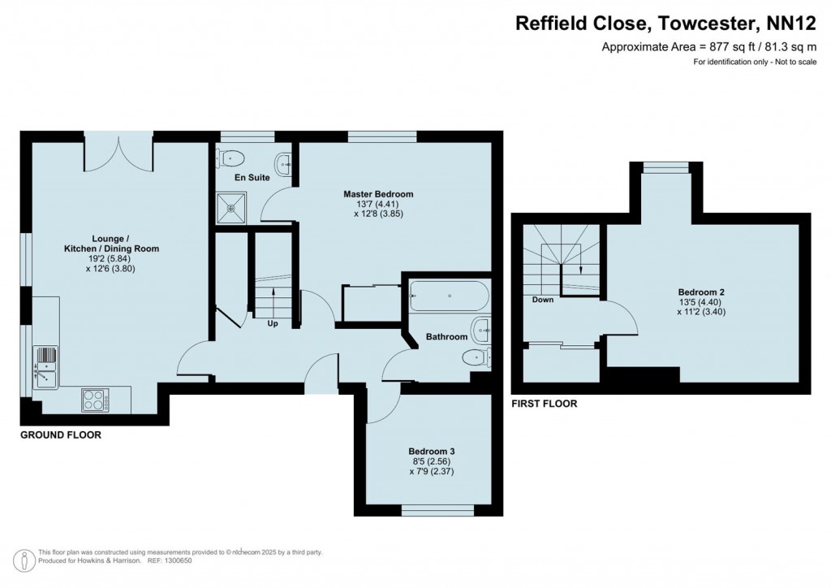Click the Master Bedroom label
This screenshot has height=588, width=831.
click(x=377, y=194)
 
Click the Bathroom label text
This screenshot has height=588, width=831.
click(x=447, y=336)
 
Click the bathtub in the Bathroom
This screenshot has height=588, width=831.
click(x=448, y=296)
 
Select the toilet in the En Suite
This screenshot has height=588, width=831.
click(x=232, y=158)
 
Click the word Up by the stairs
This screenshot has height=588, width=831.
click(x=273, y=323)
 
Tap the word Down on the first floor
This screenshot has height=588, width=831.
click(x=543, y=300)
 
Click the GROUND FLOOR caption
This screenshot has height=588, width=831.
click(x=61, y=435)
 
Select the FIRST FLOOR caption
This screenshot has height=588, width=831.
click(x=544, y=404)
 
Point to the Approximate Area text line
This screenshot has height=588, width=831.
click(x=708, y=47)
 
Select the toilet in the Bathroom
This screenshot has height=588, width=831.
click(x=474, y=357)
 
